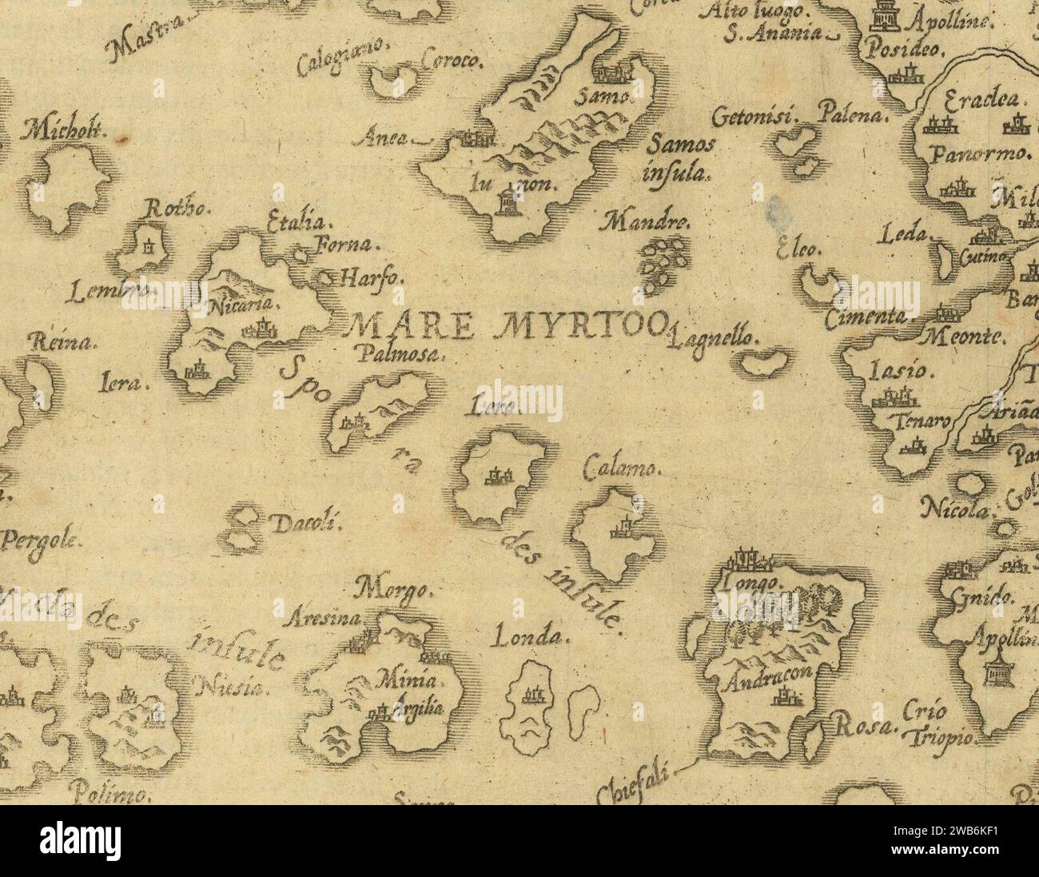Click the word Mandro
click(648, 221)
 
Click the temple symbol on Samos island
click(506, 203)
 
